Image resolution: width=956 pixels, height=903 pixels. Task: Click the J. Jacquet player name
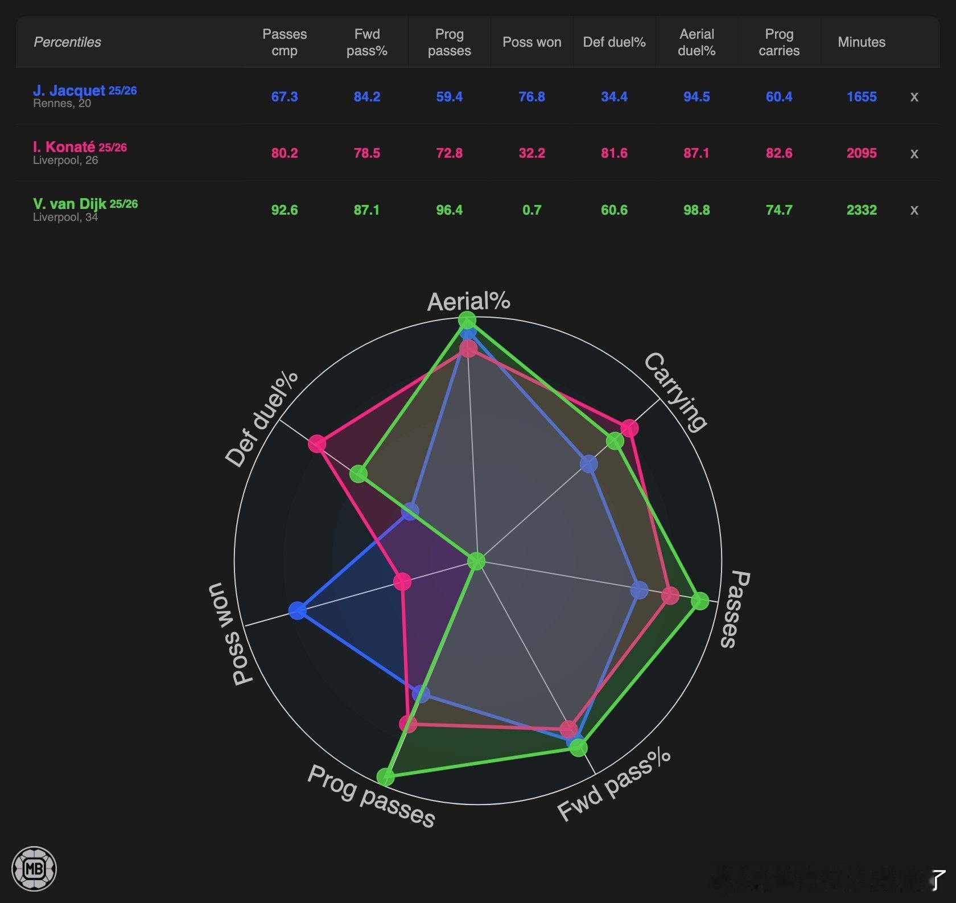(69, 91)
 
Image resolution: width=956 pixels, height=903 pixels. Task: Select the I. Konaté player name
(64, 147)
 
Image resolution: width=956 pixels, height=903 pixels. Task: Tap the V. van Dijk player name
(69, 204)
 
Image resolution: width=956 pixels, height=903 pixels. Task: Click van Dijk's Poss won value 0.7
(531, 210)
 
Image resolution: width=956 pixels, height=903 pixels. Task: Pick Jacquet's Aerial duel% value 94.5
(697, 97)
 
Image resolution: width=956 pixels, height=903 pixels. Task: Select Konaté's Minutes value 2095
(861, 153)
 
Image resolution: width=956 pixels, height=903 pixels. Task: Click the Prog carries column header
(778, 42)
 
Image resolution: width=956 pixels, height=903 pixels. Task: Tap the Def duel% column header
(614, 42)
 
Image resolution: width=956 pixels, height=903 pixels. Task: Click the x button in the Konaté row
(914, 154)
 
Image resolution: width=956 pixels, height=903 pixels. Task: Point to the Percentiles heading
(67, 42)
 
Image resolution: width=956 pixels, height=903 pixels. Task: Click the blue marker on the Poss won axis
(297, 611)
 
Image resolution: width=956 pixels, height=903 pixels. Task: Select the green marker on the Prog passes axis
(385, 777)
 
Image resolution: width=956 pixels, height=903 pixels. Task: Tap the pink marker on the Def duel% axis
(317, 444)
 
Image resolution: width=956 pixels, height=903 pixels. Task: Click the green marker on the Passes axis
(700, 601)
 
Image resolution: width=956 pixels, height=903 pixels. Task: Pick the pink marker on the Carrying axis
(629, 428)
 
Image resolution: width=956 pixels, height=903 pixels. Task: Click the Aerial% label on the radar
(468, 301)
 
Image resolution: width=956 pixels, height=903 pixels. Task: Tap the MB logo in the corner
(34, 869)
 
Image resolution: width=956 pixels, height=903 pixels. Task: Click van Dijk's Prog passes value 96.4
(449, 210)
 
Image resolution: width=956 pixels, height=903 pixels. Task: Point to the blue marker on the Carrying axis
(589, 463)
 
